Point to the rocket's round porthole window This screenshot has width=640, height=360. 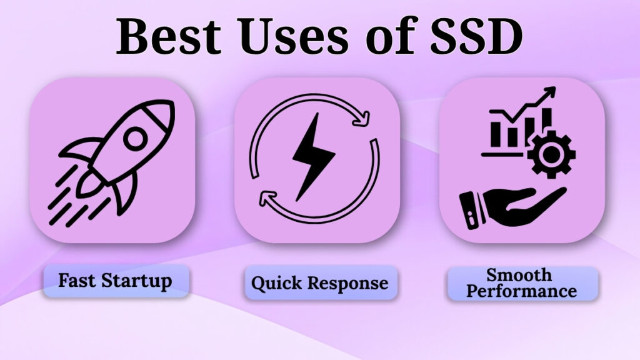click(x=134, y=139)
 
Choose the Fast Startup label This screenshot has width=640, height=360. click(x=115, y=281)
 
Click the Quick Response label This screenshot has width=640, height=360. click(x=319, y=282)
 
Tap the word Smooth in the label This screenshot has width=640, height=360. click(x=519, y=274)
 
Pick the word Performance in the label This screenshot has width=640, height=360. click(x=522, y=291)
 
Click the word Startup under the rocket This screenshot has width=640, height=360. click(x=139, y=281)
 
